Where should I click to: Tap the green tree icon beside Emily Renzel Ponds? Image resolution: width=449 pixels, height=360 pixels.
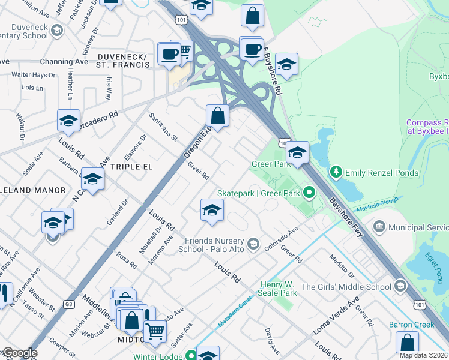click(x=336, y=173)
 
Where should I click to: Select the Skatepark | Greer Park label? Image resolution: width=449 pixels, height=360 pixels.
click(x=259, y=193)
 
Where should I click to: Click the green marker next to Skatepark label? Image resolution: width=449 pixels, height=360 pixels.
click(x=309, y=193)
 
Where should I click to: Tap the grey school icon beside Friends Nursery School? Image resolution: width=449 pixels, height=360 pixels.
click(x=254, y=243)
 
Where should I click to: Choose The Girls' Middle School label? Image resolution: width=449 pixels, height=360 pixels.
click(x=346, y=287)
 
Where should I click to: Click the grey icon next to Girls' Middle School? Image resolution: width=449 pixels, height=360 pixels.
click(x=399, y=287)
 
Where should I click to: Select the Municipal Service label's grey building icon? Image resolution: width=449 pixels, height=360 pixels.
click(x=379, y=227)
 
